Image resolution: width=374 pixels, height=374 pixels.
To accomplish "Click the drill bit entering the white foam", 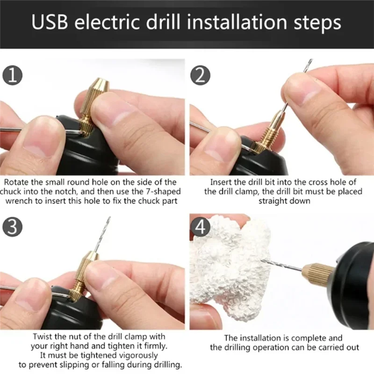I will (280, 265).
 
